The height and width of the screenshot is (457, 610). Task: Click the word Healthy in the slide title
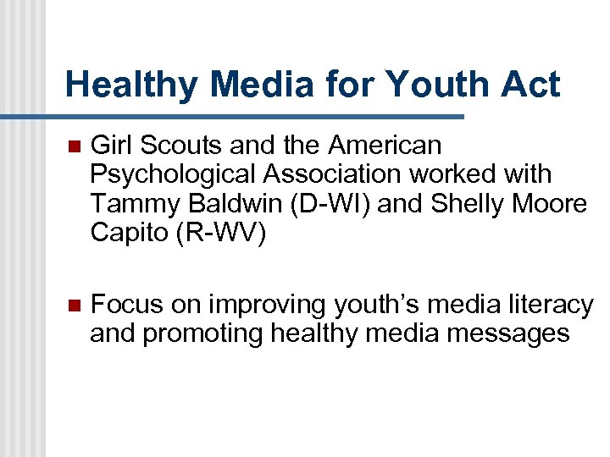(x=130, y=85)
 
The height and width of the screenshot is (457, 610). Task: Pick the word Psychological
(x=169, y=175)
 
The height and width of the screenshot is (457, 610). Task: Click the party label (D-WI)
(x=327, y=204)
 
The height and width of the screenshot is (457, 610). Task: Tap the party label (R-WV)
(x=220, y=233)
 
